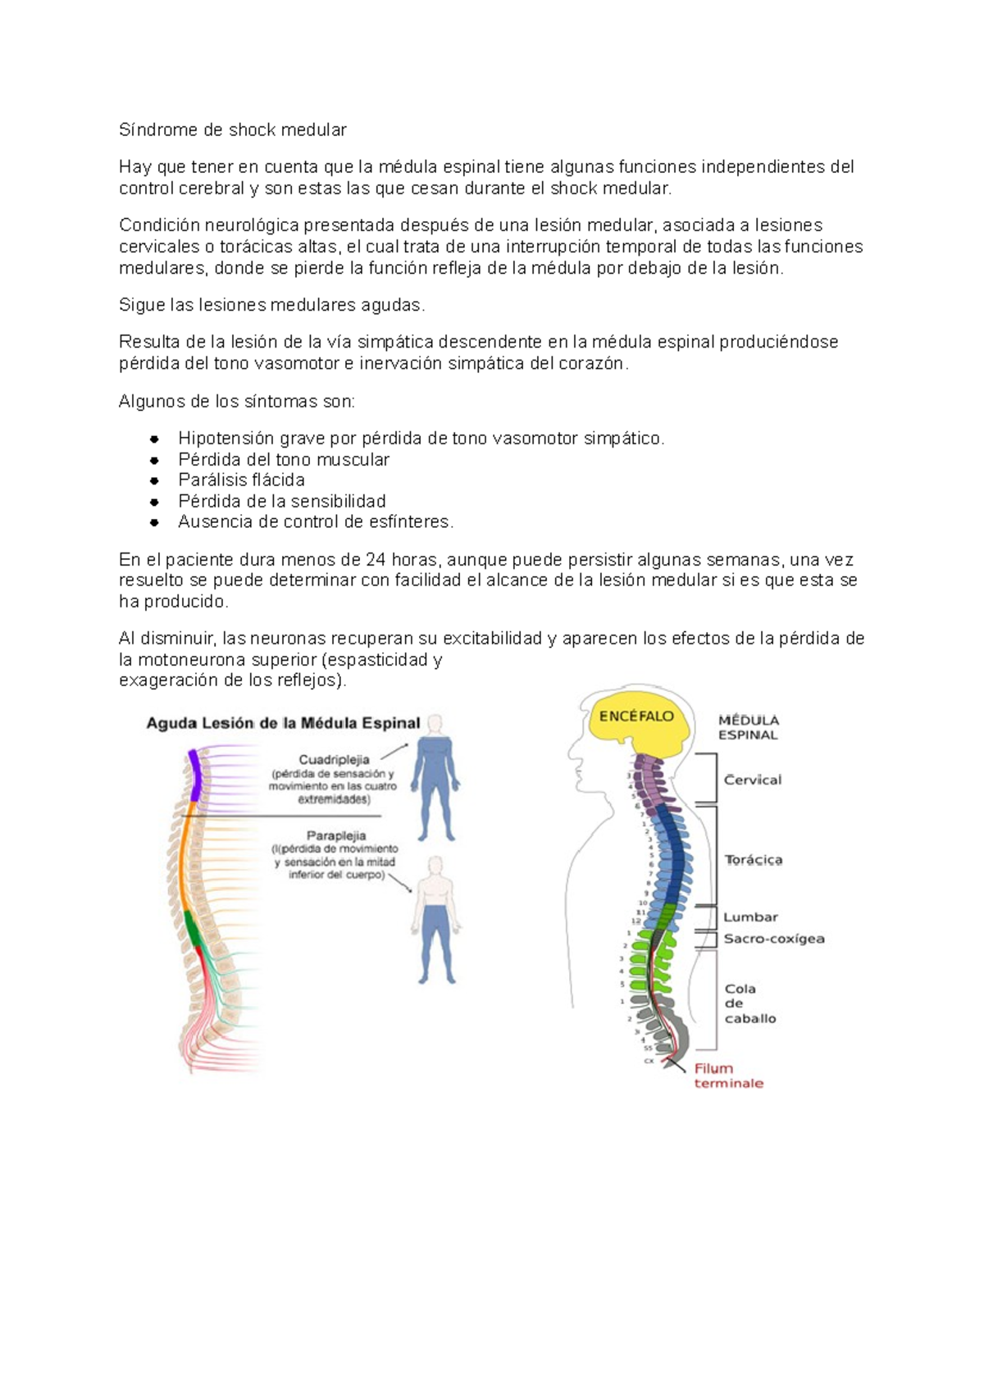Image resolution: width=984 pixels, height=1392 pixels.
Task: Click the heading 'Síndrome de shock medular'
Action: [x=232, y=130]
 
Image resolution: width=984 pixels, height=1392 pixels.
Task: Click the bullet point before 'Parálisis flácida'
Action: [x=154, y=480]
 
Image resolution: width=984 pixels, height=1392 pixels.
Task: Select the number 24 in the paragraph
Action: [x=376, y=560]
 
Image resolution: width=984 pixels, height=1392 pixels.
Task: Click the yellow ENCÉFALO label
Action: [x=636, y=716]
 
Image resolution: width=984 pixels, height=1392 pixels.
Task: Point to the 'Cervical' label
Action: [x=753, y=780]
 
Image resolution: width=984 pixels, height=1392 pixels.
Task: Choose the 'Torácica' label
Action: [x=754, y=860]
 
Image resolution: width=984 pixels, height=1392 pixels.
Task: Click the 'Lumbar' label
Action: [x=750, y=917]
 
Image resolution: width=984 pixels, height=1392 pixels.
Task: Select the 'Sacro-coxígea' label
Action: [x=774, y=939]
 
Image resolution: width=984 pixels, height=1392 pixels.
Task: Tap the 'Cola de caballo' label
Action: [x=749, y=1003]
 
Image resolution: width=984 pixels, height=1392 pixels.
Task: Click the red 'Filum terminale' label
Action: [x=728, y=1076]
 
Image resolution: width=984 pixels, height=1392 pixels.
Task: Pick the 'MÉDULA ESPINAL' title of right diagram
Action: [x=748, y=727]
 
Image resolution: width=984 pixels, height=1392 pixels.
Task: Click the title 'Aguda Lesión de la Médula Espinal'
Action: [x=283, y=723]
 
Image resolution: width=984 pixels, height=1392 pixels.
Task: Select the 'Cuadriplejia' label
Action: [x=334, y=760]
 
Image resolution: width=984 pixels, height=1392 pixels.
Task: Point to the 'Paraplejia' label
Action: [x=336, y=836]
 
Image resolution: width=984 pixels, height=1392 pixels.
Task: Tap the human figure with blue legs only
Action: [x=435, y=922]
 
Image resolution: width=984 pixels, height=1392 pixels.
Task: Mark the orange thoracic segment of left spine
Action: [x=184, y=861]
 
